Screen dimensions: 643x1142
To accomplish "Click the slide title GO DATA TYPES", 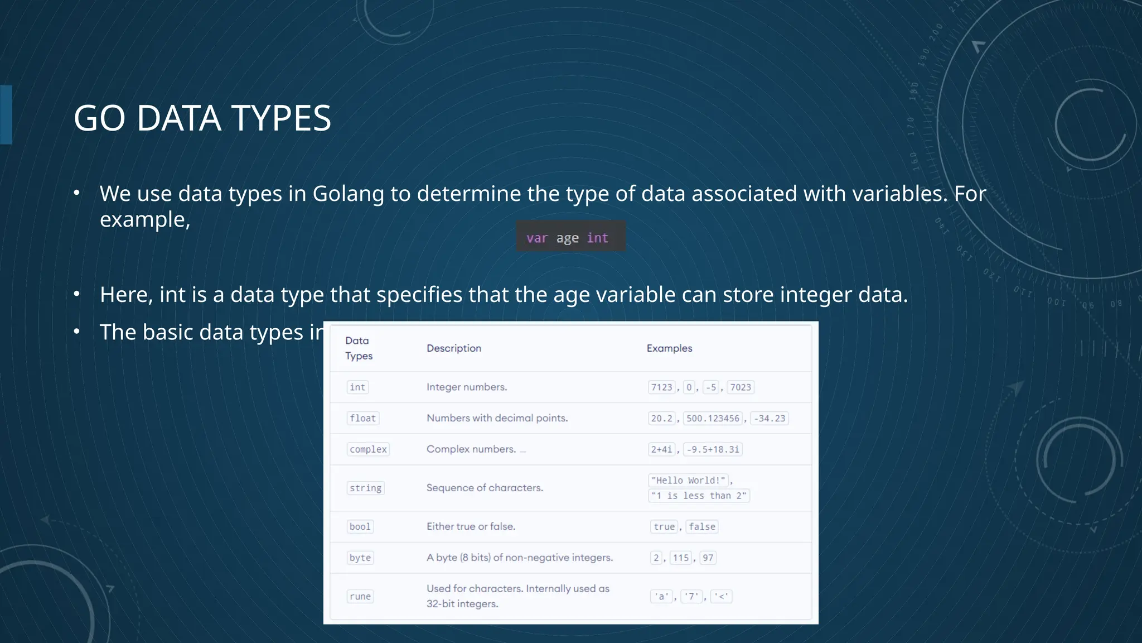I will (x=202, y=118).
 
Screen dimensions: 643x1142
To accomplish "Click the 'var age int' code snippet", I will (x=568, y=238).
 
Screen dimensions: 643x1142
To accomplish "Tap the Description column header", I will (x=453, y=348).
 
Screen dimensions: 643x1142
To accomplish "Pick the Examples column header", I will (x=669, y=348).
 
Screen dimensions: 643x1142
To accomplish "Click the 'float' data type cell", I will (x=362, y=418).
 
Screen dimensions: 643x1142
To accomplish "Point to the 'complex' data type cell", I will (x=368, y=449).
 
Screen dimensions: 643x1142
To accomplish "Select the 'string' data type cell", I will (x=365, y=488).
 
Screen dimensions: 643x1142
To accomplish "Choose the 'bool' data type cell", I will (x=360, y=526).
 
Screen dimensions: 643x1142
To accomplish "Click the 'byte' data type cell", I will (x=360, y=558).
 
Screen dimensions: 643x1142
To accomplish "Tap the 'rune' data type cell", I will (x=360, y=596).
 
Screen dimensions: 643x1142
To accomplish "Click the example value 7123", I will (x=662, y=387).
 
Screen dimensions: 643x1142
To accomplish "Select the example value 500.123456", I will (x=713, y=418).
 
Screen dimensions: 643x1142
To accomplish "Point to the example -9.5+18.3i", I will (x=713, y=449).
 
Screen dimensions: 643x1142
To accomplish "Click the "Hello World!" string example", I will (x=688, y=480).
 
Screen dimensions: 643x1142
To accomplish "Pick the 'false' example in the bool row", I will (x=701, y=526).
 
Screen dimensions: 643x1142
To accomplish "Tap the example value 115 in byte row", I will (x=681, y=558).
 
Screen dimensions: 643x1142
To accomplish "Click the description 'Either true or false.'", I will (x=471, y=526).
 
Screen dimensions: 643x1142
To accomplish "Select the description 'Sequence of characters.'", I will (x=485, y=488).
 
